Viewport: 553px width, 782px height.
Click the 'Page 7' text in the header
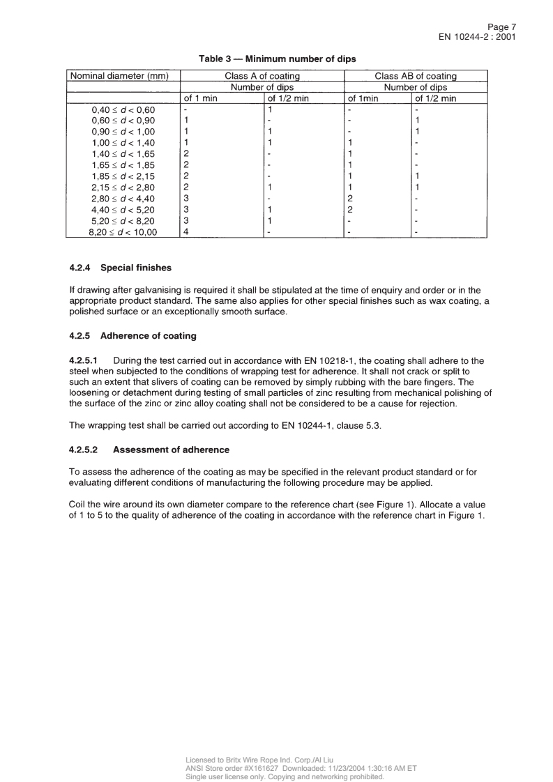[500, 26]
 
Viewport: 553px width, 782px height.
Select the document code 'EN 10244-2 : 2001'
[477, 37]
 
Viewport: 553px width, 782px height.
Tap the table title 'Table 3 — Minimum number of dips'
[277, 59]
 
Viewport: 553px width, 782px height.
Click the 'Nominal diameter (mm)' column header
[119, 75]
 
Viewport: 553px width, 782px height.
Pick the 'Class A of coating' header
[262, 75]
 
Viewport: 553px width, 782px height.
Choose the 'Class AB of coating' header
[416, 75]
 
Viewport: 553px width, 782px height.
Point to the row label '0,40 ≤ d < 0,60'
[123, 110]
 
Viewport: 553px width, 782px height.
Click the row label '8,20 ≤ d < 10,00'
[123, 232]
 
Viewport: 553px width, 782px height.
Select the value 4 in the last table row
[185, 232]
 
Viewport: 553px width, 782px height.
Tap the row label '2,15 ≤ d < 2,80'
[123, 187]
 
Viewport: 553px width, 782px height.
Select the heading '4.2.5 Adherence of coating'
[132, 336]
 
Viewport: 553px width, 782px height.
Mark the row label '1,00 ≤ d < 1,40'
[123, 143]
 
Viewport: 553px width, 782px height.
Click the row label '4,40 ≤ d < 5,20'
[123, 210]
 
